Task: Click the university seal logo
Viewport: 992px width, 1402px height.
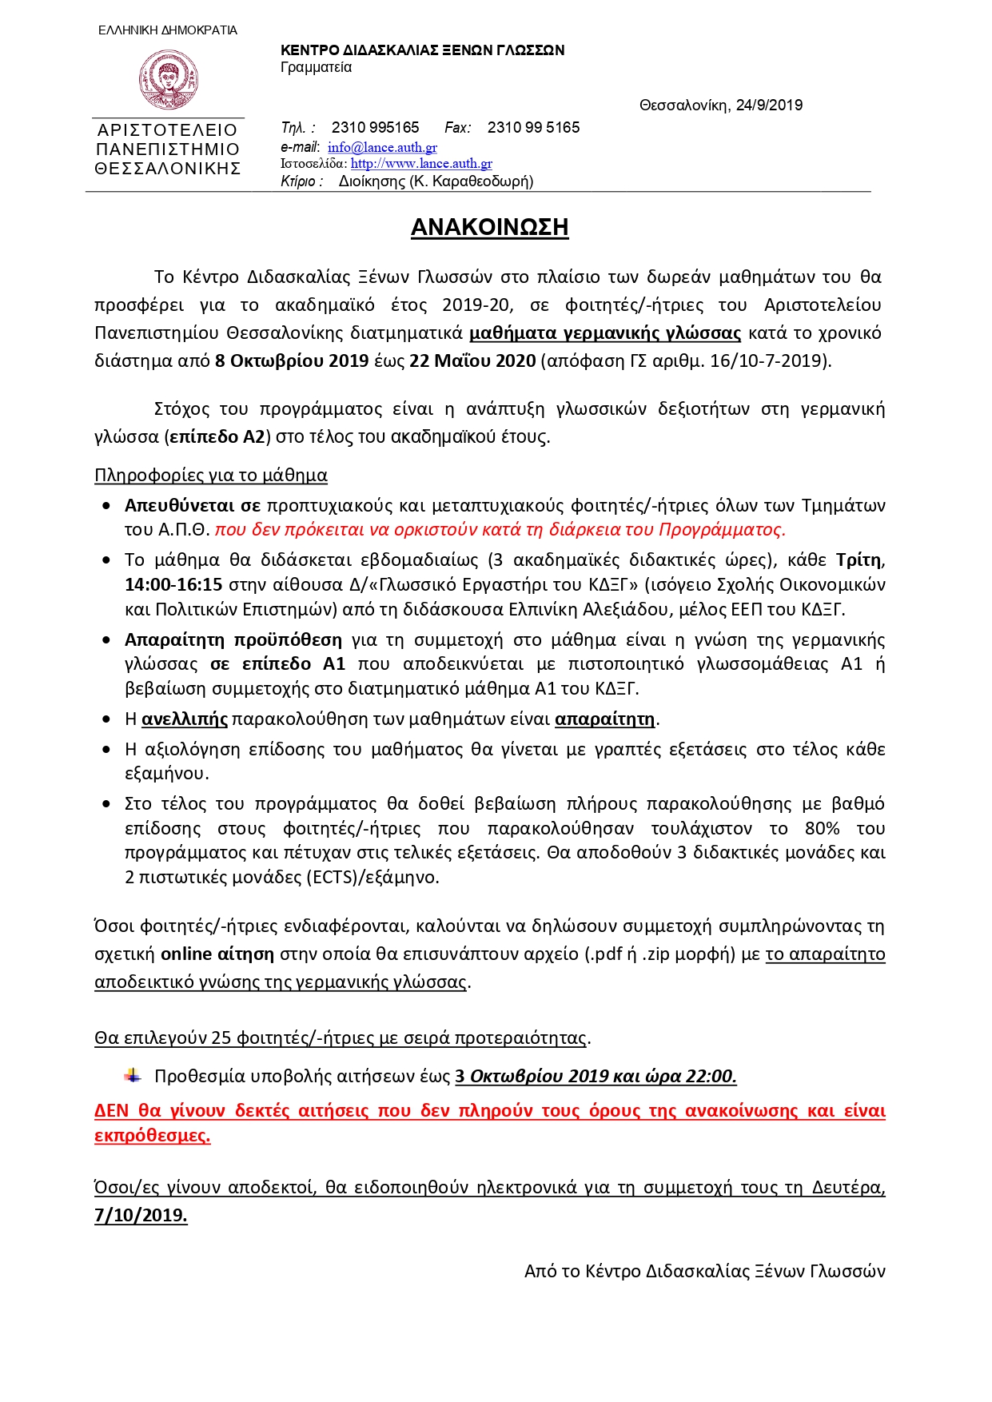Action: click(168, 79)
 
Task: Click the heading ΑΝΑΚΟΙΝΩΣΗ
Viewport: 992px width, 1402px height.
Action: click(489, 227)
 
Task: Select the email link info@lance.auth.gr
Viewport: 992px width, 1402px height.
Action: click(382, 147)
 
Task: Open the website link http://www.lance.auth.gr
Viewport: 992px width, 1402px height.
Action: click(421, 164)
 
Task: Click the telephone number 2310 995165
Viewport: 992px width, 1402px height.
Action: click(375, 127)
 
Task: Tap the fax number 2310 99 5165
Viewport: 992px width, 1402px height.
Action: click(533, 127)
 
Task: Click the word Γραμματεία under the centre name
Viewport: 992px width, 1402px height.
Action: click(316, 67)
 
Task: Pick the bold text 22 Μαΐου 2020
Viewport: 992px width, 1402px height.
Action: click(472, 360)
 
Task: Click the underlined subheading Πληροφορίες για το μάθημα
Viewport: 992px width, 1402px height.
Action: click(211, 476)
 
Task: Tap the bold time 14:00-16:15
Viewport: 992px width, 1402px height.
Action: click(173, 585)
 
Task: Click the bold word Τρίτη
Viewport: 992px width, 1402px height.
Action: click(859, 560)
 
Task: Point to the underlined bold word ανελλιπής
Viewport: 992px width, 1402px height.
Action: click(185, 719)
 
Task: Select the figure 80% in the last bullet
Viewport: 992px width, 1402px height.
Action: click(822, 828)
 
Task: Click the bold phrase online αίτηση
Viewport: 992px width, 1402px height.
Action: click(217, 954)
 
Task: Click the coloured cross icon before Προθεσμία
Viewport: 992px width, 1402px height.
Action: click(133, 1076)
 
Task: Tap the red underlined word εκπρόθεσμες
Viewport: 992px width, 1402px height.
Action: click(152, 1136)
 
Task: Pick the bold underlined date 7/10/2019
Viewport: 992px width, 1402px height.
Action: click(141, 1216)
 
